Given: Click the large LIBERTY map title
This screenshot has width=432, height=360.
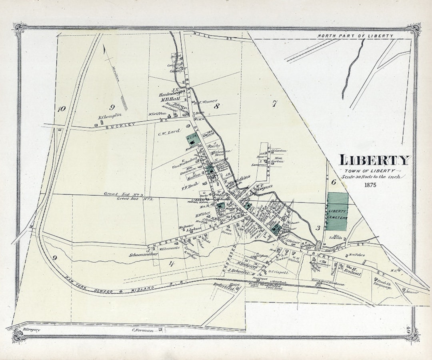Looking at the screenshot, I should [375, 160].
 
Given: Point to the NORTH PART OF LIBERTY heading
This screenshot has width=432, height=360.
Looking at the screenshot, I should [355, 36].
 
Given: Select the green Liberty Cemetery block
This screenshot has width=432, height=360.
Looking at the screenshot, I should [337, 212].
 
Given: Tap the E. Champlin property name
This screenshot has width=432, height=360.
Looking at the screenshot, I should [110, 117].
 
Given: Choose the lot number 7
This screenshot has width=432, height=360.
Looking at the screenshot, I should [274, 104].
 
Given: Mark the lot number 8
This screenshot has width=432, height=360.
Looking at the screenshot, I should [217, 106].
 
